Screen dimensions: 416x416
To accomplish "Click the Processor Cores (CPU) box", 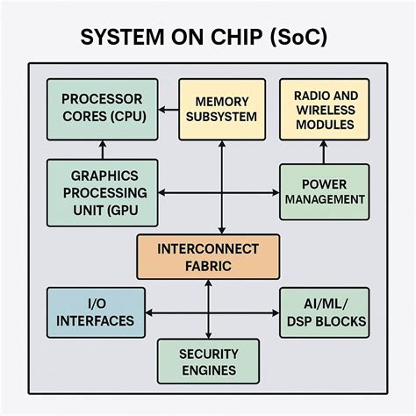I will [103, 108].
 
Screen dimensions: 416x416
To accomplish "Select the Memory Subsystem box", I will [221, 109].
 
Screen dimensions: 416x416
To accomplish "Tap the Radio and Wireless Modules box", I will [324, 109].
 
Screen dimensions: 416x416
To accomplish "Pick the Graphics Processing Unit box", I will [103, 192].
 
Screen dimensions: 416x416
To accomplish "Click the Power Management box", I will [324, 191].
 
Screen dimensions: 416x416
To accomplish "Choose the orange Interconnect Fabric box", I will [208, 256].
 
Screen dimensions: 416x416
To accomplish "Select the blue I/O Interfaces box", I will [96, 312].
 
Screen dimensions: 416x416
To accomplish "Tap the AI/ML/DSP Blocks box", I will [324, 312].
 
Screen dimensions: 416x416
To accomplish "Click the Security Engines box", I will [208, 362].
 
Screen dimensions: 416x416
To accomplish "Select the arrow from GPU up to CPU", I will [103, 148].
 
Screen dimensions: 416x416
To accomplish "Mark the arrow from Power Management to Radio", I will [324, 152].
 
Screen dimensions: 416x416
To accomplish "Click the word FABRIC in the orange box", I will [208, 266].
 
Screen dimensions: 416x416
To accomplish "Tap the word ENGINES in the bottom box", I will [208, 370].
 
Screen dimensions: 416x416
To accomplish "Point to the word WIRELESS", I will [324, 109].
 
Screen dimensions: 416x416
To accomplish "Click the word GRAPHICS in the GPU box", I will [103, 175].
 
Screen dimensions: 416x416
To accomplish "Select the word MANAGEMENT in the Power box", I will [324, 200].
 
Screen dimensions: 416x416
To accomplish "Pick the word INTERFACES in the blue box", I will [96, 321].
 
